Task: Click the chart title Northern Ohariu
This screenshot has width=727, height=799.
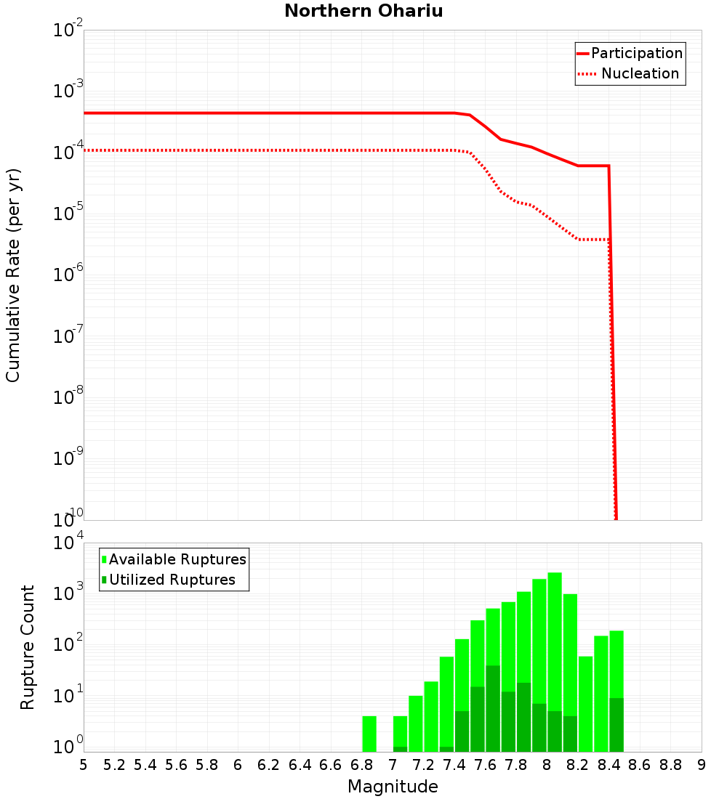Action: point(363,11)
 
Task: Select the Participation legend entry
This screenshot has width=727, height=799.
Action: point(636,53)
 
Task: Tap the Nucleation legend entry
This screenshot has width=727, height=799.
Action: point(640,73)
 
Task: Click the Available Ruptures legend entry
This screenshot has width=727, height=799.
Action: point(177,559)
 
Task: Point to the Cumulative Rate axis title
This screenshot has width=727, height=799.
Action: point(13,275)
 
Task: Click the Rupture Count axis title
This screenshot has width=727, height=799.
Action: point(28,646)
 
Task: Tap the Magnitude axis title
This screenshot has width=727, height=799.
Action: point(393,787)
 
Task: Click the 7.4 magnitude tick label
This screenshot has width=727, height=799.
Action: point(454,765)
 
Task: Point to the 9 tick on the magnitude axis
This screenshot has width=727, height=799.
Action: point(702,765)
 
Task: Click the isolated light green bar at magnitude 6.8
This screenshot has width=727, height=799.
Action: point(369,734)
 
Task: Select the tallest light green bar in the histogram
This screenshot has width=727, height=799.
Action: point(555,661)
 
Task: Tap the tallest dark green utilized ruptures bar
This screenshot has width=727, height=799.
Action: point(493,708)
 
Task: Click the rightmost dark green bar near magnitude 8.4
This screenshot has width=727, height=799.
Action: point(616,725)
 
